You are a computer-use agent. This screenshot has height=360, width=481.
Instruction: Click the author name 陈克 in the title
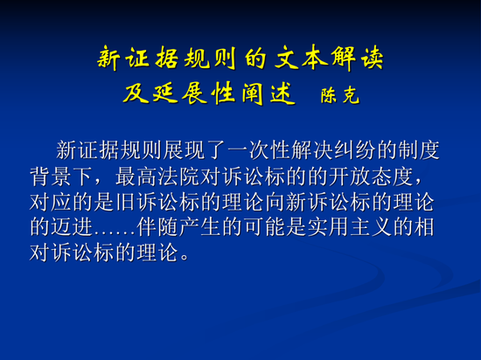(x=340, y=94)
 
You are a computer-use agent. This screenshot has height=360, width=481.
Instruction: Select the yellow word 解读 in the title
(x=357, y=58)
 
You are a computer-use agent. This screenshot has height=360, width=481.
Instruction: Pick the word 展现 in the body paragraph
(x=184, y=150)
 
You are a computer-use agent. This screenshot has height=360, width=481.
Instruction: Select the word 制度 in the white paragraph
(x=418, y=150)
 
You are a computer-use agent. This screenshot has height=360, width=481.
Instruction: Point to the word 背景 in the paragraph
(x=51, y=177)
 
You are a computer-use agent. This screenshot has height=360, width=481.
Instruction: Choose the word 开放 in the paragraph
(x=349, y=177)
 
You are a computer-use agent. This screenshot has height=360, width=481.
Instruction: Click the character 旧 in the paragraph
(x=125, y=202)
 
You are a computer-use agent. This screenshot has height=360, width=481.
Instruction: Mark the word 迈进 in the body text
(x=72, y=227)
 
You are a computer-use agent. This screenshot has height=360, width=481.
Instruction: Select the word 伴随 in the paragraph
(x=157, y=227)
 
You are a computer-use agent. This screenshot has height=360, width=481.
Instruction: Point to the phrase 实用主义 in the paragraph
(x=349, y=227)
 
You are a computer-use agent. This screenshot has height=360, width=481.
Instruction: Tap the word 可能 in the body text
(x=264, y=227)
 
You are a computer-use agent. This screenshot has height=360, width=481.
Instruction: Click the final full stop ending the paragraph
(x=185, y=257)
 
